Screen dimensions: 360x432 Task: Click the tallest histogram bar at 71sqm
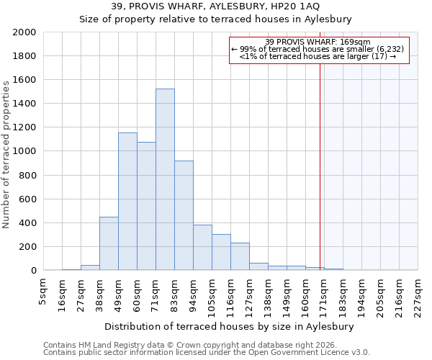pyautogui.click(x=165, y=180)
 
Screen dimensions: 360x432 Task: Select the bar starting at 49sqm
pyautogui.click(x=127, y=202)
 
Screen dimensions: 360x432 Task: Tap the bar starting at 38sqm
pyautogui.click(x=109, y=243)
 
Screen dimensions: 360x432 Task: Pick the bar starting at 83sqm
pyautogui.click(x=184, y=215)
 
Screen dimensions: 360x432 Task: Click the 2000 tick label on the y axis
pyautogui.click(x=24, y=32)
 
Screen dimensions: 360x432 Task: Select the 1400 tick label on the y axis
pyautogui.click(x=24, y=104)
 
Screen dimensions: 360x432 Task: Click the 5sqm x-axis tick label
pyautogui.click(x=43, y=292)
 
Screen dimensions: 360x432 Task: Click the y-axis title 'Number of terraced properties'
pyautogui.click(x=6, y=154)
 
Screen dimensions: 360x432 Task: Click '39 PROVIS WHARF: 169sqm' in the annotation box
pyautogui.click(x=318, y=42)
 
